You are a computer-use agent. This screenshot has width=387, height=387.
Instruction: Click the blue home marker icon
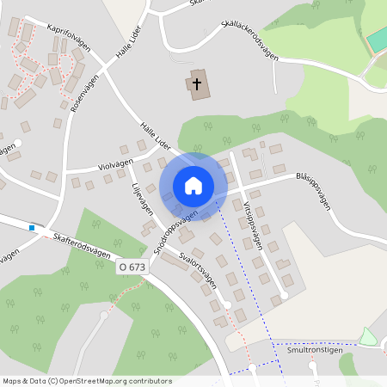tap(193, 185)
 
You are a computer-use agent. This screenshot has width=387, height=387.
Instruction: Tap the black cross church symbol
tap(197, 84)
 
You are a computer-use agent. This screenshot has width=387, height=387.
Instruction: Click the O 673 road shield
tap(132, 268)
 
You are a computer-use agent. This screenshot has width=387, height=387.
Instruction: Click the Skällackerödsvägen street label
tap(249, 41)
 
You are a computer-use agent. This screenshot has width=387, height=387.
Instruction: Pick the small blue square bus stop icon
tap(32, 228)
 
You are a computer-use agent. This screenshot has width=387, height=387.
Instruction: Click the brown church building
tap(198, 84)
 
